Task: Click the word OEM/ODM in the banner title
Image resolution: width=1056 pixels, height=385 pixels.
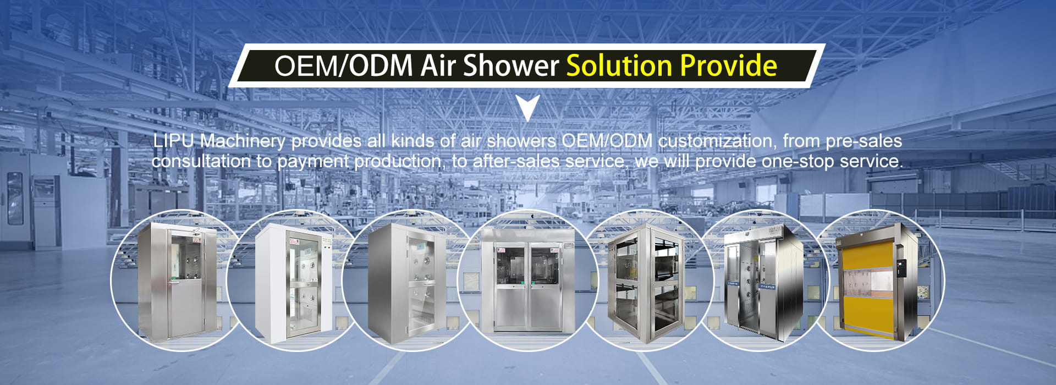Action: click(343, 65)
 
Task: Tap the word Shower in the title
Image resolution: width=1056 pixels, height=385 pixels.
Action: click(511, 65)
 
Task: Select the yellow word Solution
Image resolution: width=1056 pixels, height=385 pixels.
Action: click(619, 65)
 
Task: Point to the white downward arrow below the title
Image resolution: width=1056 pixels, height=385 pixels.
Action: click(529, 107)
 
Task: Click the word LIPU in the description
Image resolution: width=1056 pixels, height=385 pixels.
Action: click(174, 141)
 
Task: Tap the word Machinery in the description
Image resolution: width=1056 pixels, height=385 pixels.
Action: click(243, 141)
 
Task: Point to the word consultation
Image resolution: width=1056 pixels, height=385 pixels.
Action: click(201, 161)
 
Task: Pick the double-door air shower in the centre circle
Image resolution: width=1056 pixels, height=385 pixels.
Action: click(529, 280)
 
